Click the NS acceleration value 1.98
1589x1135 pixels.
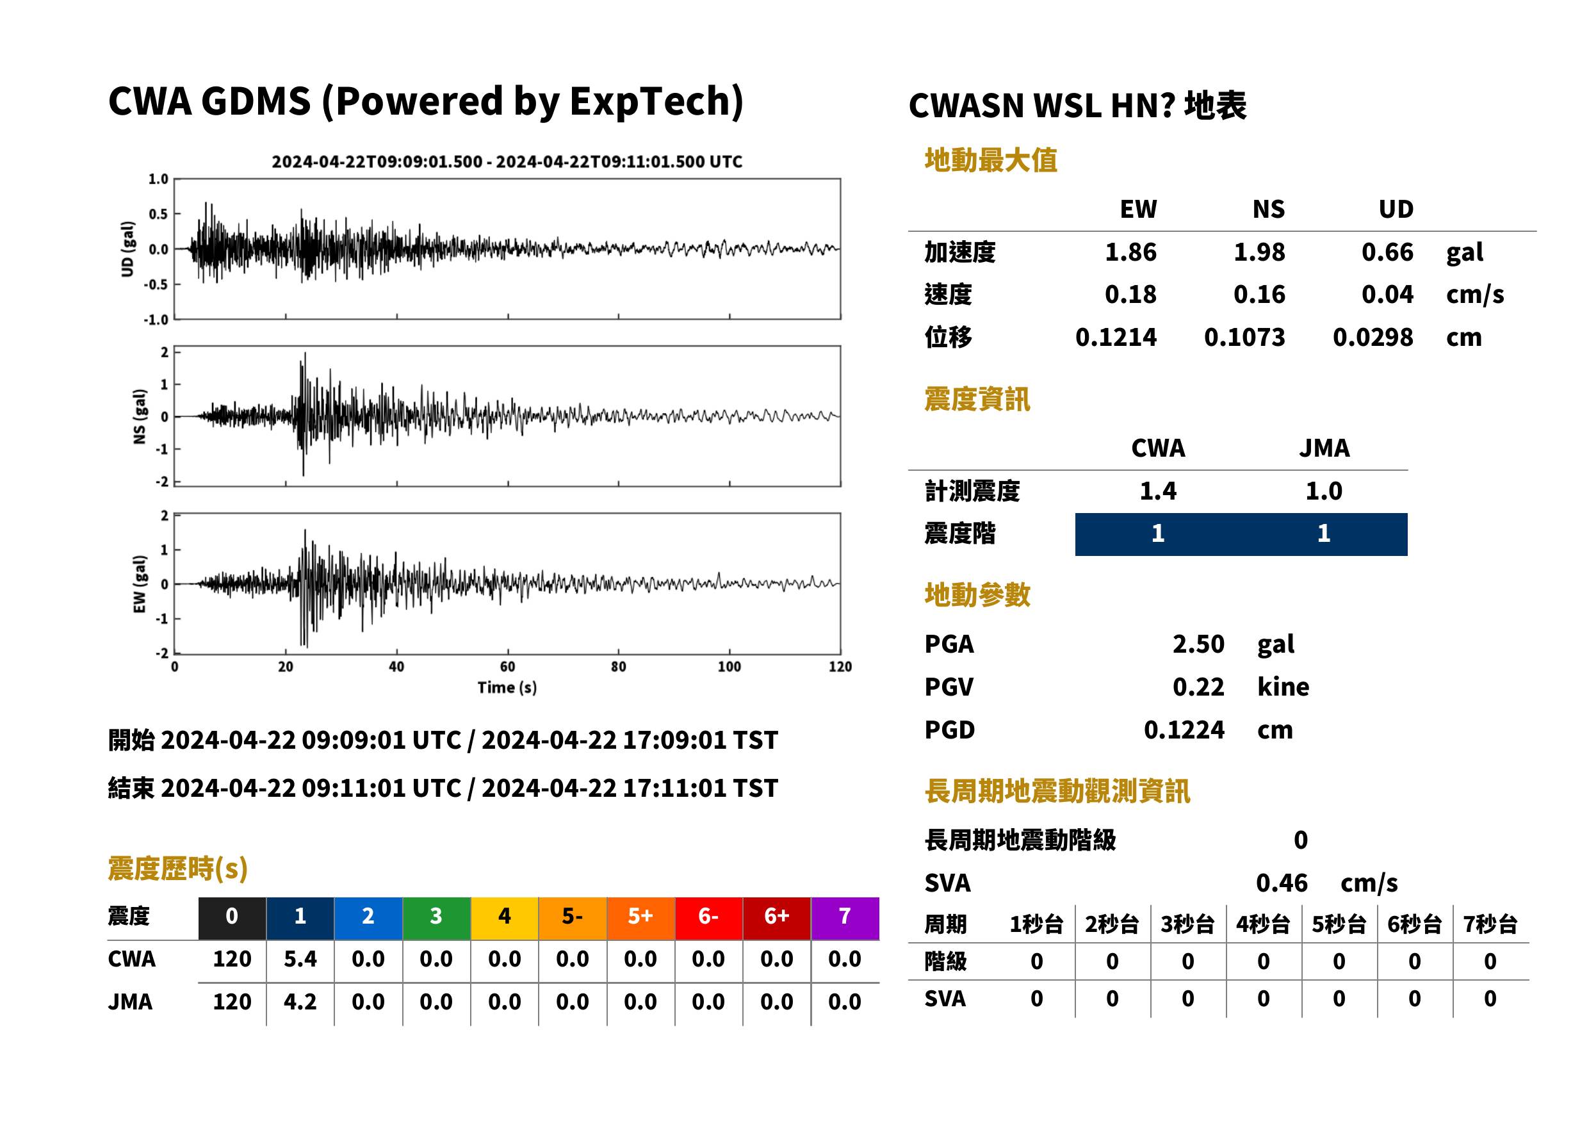(1259, 252)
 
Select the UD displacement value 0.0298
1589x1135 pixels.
(1373, 338)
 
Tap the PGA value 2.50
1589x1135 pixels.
(1198, 644)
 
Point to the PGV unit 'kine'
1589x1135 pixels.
(1283, 687)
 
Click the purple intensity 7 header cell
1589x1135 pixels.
(845, 917)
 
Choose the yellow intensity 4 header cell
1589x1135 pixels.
(505, 917)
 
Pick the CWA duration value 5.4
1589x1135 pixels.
(300, 959)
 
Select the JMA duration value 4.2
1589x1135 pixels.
(300, 1002)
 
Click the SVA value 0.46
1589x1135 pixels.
(1282, 883)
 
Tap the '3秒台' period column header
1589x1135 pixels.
(1187, 925)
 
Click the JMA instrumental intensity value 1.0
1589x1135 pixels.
(1323, 491)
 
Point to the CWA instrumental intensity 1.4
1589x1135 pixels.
(1158, 491)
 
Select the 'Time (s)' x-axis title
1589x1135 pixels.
(507, 688)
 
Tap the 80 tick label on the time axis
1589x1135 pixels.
(619, 667)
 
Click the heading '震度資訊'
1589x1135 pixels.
(977, 400)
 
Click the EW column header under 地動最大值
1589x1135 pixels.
(1138, 209)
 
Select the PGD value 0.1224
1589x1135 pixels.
(1184, 730)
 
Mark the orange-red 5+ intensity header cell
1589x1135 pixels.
(640, 917)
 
